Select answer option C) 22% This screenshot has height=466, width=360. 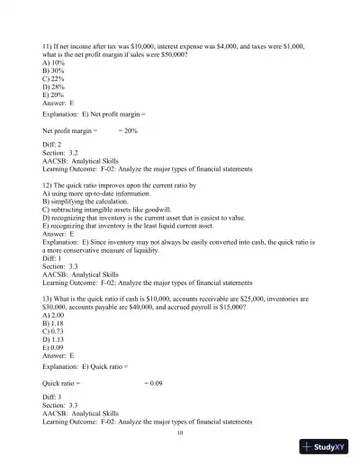tap(56, 77)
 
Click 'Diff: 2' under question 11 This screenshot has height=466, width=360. tap(56, 145)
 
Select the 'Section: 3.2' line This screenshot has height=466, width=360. tap(62, 153)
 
